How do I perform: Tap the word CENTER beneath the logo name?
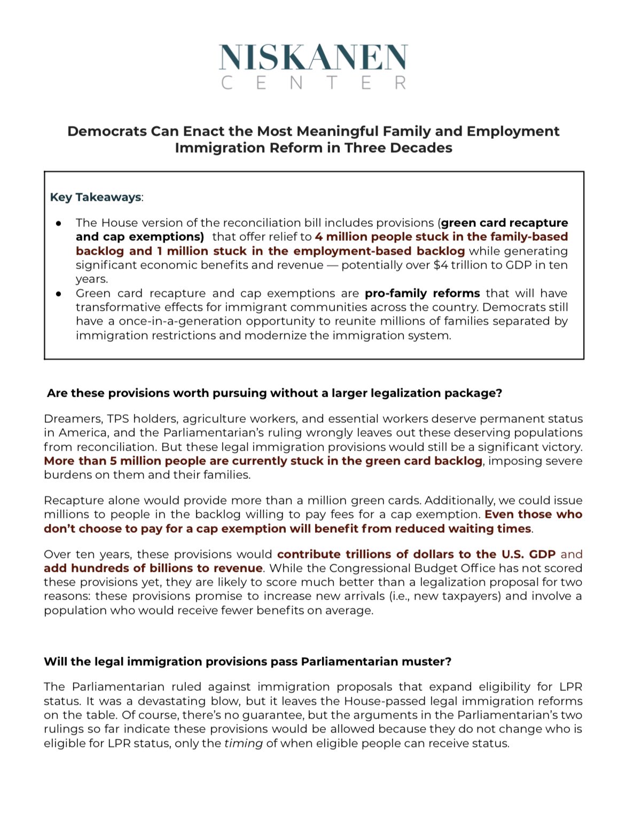[x=313, y=83]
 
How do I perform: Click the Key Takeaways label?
[x=96, y=197]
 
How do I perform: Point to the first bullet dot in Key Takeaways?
[x=59, y=223]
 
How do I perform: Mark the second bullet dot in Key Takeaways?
[x=59, y=293]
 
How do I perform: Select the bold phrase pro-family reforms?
[x=422, y=293]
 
